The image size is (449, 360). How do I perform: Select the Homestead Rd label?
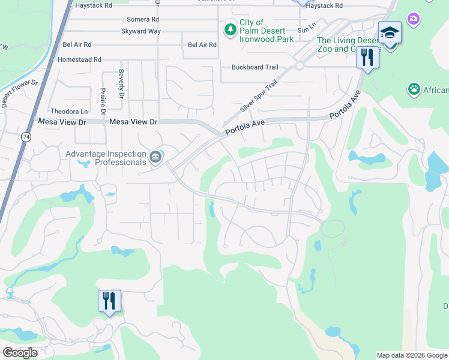tap(79, 60)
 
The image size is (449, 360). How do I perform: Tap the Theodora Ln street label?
tap(69, 112)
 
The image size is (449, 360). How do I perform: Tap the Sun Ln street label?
tap(306, 29)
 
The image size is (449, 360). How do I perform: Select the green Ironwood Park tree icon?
tap(230, 29)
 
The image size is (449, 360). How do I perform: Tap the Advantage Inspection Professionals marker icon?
tap(156, 157)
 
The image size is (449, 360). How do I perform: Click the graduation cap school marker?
tap(390, 32)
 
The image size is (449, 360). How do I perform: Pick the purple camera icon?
tap(413, 19)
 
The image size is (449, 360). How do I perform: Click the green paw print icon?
tap(414, 90)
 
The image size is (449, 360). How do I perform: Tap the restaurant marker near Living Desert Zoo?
tap(366, 58)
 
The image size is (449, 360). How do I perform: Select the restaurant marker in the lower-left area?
tap(109, 300)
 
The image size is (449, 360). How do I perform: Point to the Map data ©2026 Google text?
tap(412, 355)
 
